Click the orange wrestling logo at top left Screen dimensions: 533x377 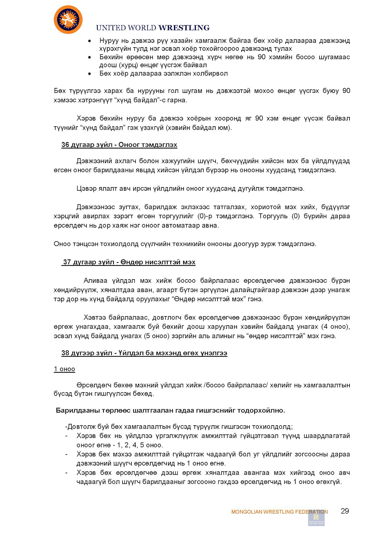click(x=68, y=20)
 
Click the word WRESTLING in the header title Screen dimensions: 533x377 click(x=184, y=28)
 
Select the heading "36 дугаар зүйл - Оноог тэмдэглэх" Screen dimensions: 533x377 click(x=119, y=145)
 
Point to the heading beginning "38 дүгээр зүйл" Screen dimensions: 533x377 click(x=144, y=353)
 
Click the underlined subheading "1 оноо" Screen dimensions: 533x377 click(x=64, y=369)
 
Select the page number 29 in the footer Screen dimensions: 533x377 click(x=345, y=511)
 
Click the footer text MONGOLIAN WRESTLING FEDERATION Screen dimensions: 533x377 click(x=279, y=512)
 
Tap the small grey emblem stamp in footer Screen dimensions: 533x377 click(x=316, y=518)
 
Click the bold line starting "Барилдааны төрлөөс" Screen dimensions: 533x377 click(x=170, y=410)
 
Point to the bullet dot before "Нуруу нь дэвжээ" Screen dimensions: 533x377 click(x=89, y=41)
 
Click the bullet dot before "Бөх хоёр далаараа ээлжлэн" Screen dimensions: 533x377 click(x=89, y=74)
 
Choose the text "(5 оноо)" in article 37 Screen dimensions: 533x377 click(x=157, y=336)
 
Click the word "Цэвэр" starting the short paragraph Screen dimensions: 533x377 click(x=85, y=188)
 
